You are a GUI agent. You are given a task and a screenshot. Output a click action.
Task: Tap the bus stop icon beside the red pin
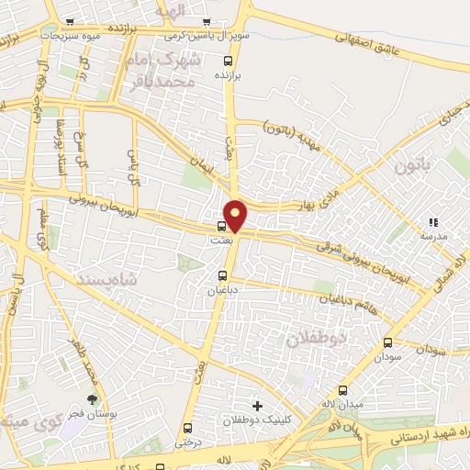pyautogui.click(x=222, y=226)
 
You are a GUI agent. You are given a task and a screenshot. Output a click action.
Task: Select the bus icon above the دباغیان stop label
pyautogui.click(x=222, y=275)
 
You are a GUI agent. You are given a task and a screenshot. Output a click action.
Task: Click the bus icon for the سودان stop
pyautogui.click(x=388, y=342)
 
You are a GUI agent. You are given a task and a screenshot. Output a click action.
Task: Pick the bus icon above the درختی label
pyautogui.click(x=188, y=428)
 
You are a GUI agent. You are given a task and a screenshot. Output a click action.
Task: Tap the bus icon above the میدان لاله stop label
pyautogui.click(x=343, y=390)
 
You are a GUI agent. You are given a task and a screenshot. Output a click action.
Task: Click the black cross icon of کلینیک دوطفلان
pyautogui.click(x=257, y=405)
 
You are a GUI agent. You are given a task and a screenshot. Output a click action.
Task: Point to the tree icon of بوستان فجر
pyautogui.click(x=91, y=399)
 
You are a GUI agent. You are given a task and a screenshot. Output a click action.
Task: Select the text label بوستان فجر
pyautogui.click(x=91, y=416)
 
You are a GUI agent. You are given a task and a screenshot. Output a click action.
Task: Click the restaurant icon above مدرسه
pyautogui.click(x=433, y=222)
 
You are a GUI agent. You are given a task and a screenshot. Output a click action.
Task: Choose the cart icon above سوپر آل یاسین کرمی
pyautogui.click(x=207, y=23)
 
